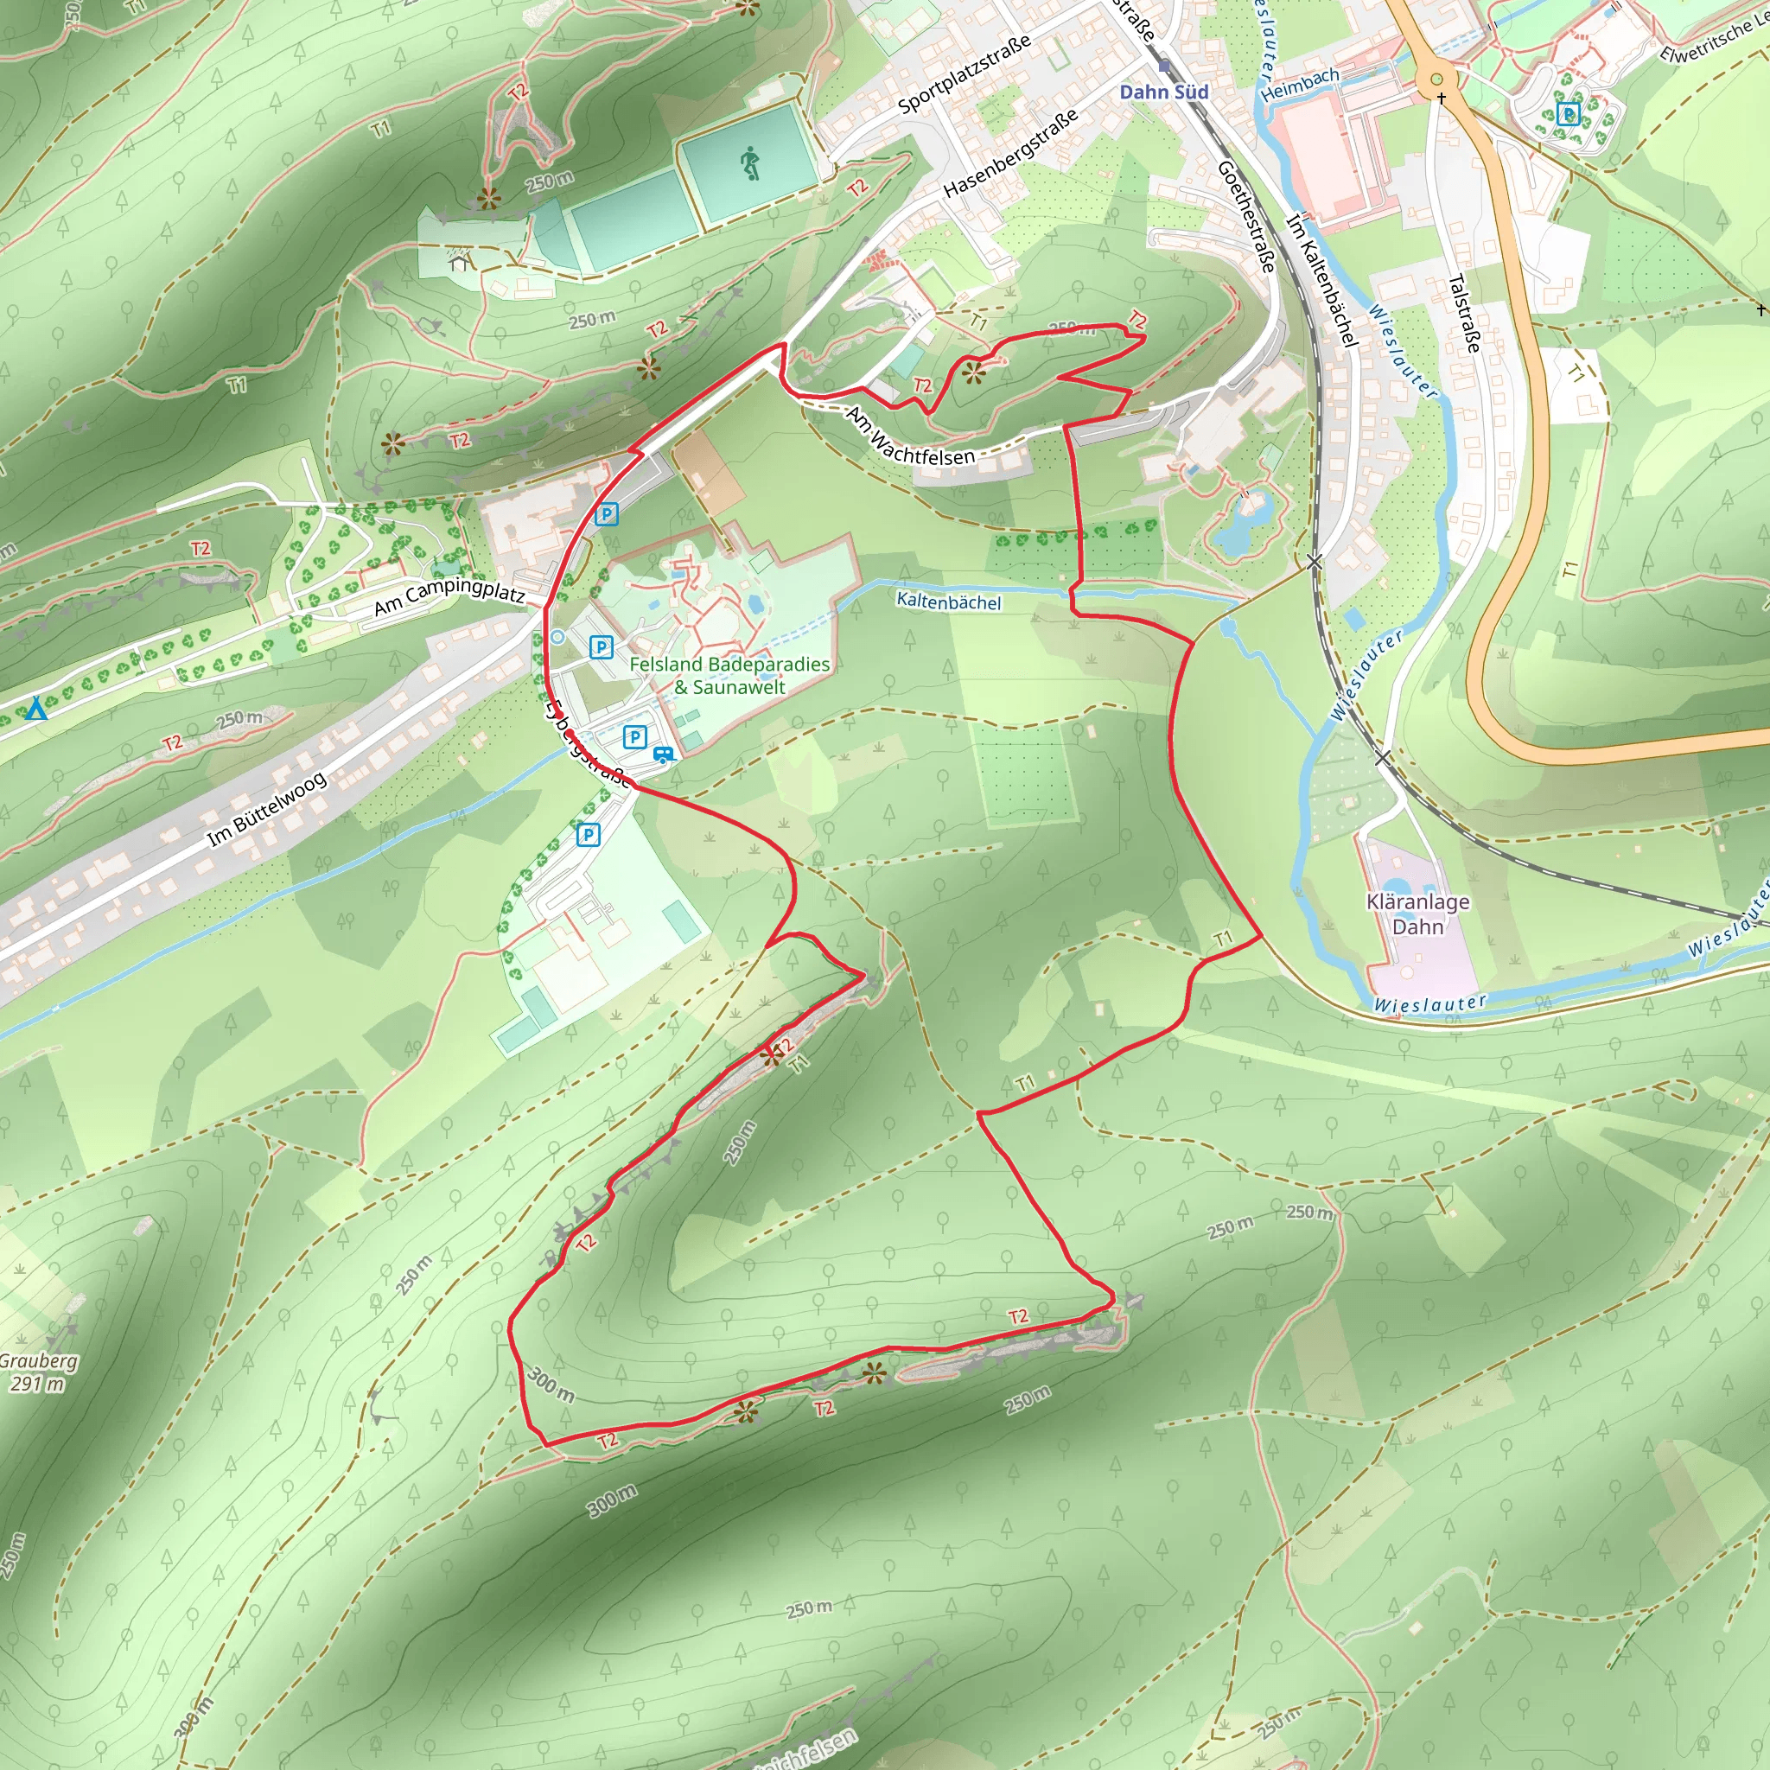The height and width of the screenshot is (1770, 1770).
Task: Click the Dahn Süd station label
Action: [1163, 92]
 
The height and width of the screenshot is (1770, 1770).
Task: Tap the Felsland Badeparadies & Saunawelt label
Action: [729, 675]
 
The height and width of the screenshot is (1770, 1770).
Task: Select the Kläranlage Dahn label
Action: [1417, 914]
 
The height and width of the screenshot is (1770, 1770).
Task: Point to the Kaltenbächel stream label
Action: [948, 602]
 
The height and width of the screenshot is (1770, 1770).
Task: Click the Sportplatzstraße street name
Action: [964, 74]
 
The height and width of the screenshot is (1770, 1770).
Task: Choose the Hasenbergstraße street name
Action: [1010, 154]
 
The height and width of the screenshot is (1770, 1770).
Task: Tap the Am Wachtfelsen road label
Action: [910, 437]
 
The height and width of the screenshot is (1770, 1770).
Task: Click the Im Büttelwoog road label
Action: [265, 809]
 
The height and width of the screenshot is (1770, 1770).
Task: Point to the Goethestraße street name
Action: [1246, 216]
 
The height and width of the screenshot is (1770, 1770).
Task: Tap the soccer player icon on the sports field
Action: [750, 163]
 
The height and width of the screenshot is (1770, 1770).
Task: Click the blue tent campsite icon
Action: [35, 708]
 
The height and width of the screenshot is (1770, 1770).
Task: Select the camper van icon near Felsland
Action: [662, 754]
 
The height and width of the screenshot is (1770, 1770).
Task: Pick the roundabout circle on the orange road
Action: [1436, 80]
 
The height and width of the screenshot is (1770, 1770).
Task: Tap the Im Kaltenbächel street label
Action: [1321, 280]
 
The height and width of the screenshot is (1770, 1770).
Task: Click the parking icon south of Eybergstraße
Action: [589, 835]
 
